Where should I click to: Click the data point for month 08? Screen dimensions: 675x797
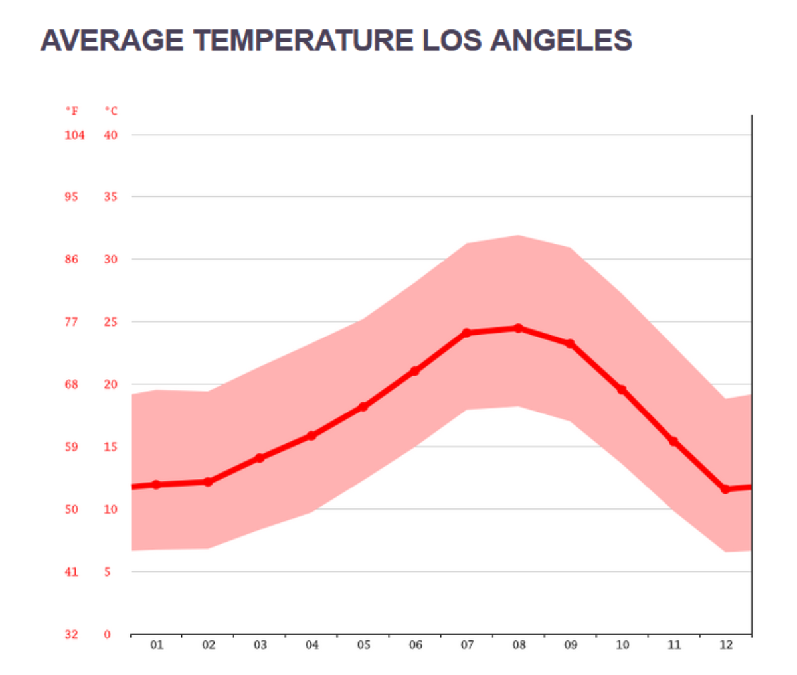[x=518, y=328]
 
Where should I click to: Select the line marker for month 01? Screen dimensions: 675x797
[x=156, y=485]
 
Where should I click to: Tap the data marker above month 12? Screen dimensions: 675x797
[x=725, y=489]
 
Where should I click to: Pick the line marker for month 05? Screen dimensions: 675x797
[x=363, y=407]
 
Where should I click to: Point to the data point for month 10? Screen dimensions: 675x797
[x=622, y=390]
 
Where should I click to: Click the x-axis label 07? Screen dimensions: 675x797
[x=467, y=645]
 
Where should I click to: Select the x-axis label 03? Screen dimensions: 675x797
[x=260, y=645]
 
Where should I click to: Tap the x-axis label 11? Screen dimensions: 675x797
[x=674, y=645]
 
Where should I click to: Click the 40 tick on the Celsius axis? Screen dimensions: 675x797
[x=110, y=135]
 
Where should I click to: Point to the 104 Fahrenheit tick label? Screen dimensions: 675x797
[x=74, y=135]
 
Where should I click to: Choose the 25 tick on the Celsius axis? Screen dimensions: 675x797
[x=110, y=322]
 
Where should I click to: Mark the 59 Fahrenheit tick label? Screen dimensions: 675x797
[x=72, y=447]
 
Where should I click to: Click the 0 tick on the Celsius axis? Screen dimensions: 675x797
[x=108, y=635]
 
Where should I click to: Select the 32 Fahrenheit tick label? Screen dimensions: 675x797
[x=72, y=635]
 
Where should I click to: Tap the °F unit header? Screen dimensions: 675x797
[x=72, y=111]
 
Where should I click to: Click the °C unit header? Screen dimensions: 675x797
[x=110, y=111]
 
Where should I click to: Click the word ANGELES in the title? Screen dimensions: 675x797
[x=561, y=40]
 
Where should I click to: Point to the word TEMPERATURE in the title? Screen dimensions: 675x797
[x=304, y=40]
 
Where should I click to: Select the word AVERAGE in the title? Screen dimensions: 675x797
[x=112, y=40]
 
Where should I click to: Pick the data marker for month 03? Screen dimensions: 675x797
[x=260, y=458]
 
